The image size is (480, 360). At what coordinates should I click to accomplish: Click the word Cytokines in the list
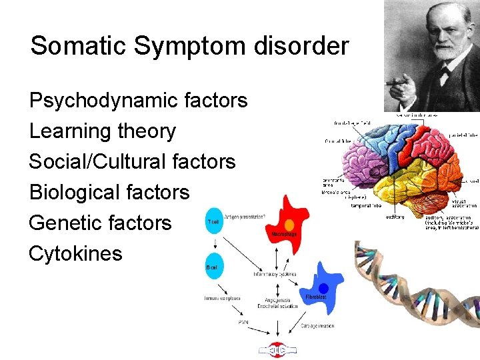(76, 253)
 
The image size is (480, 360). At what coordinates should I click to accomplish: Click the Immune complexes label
(222, 297)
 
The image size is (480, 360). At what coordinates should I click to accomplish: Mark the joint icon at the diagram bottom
(273, 349)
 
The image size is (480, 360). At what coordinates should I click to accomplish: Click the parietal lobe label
(464, 135)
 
